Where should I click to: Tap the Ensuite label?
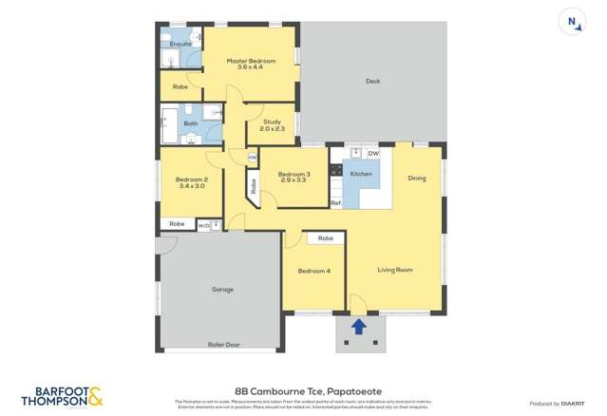pos(180,44)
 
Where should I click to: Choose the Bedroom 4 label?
pos(313,271)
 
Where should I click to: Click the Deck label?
pos(372,82)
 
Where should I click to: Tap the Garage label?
pos(222,289)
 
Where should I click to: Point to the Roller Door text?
pos(221,344)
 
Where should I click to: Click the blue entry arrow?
pos(359,328)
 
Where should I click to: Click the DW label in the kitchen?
pos(373,153)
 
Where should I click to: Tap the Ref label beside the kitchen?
pos(335,203)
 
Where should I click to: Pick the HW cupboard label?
pos(252,157)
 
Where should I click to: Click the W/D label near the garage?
pos(203,225)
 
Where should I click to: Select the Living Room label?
pos(394,270)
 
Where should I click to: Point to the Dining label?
pos(417,178)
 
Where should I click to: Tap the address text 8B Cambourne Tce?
pos(302,390)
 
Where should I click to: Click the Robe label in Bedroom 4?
pos(325,237)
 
